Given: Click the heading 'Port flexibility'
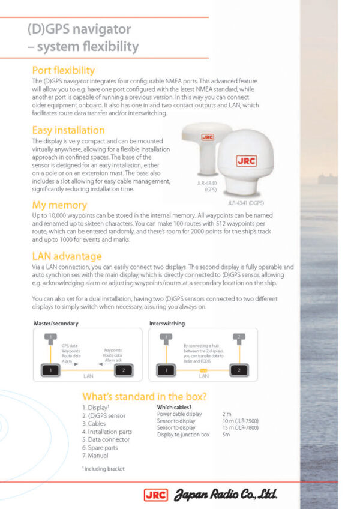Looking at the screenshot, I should point(63,70).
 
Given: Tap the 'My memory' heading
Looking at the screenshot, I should point(59,205).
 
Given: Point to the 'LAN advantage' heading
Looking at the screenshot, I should point(67,256).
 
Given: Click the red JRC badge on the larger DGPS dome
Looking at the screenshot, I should point(247,161).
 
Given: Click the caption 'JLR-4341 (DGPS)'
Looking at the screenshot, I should point(247,203).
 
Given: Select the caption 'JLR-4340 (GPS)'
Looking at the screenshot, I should point(206,185).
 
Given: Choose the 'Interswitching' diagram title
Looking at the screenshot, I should point(167,324).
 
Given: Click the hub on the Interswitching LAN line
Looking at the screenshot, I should point(203,371).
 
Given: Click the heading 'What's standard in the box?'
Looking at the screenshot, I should point(145,397).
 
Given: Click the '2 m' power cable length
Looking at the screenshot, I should point(227,414).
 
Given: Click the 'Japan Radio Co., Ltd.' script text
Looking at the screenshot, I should point(226,495).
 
